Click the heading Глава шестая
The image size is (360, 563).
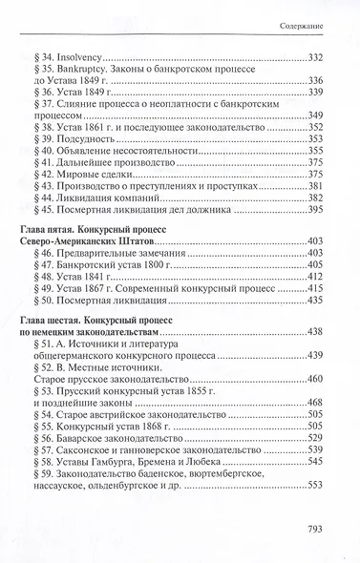click(x=65, y=379)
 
